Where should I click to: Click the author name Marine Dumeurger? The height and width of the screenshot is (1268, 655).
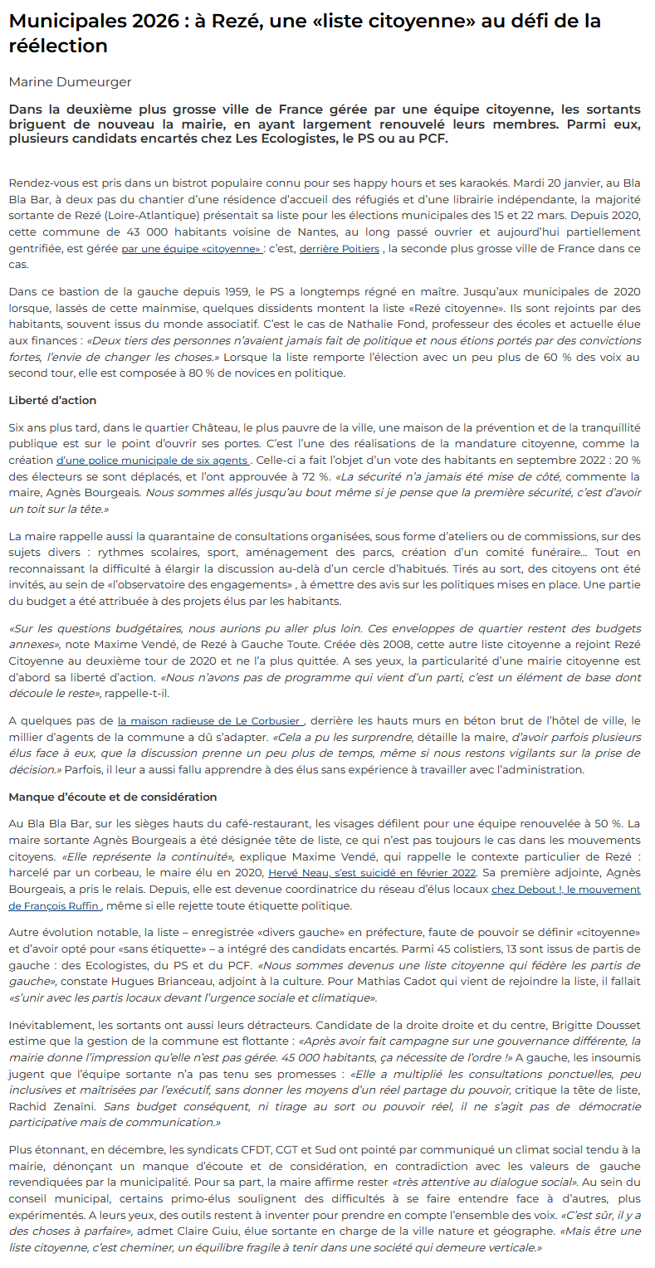pos(70,81)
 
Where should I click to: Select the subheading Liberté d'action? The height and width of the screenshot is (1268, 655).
pos(52,400)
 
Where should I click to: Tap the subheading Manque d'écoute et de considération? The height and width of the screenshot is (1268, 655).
pos(112,797)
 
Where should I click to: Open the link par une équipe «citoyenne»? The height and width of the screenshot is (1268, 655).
pos(192,249)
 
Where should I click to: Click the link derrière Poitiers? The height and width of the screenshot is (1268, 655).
pos(339,249)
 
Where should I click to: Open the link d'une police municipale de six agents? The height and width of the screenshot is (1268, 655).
pos(151,460)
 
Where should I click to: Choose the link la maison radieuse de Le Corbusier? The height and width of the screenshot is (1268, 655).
pos(210,721)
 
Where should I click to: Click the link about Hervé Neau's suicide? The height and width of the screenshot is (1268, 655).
pos(372,873)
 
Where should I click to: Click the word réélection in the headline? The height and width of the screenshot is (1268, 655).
pos(58,46)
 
